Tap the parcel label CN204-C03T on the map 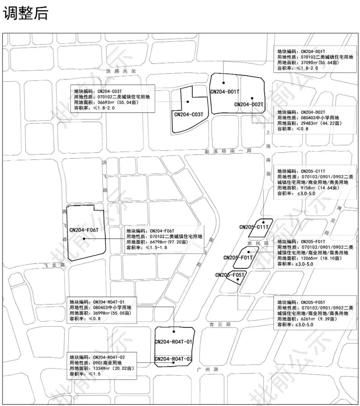[189, 115]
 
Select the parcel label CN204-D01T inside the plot [225, 92]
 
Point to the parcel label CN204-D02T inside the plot [249, 105]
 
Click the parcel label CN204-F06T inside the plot [84, 230]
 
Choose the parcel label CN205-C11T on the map [254, 227]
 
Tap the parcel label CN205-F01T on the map [238, 258]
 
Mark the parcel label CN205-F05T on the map [230, 275]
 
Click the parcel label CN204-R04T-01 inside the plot [174, 342]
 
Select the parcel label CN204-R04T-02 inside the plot [174, 359]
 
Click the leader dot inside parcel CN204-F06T [84, 238]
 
